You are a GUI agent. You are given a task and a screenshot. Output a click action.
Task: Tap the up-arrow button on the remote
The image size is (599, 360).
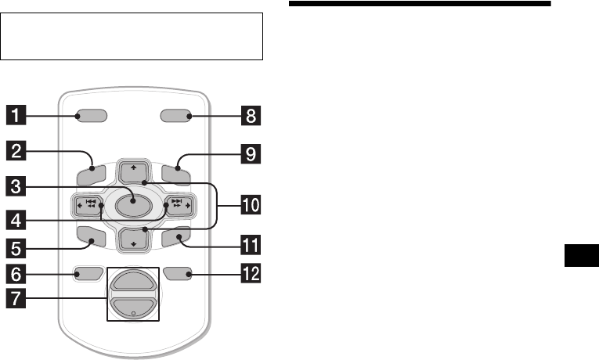tap(132, 170)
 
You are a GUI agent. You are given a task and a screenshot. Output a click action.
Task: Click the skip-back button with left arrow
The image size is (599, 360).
tap(89, 206)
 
